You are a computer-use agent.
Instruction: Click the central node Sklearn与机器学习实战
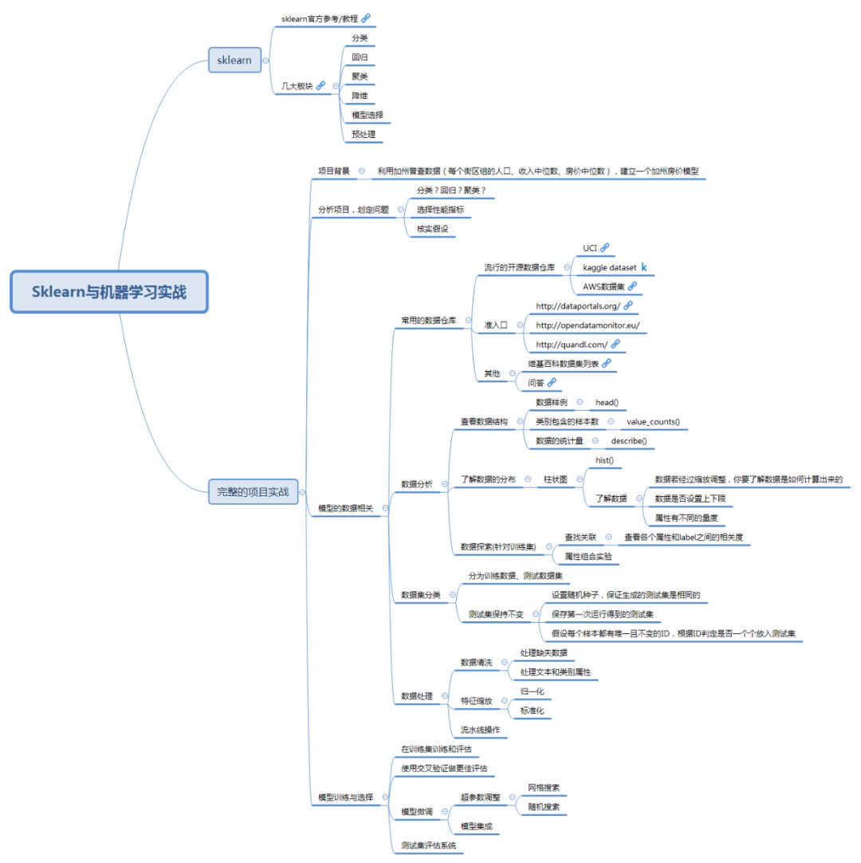click(x=108, y=292)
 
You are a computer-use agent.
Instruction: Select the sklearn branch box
click(x=234, y=61)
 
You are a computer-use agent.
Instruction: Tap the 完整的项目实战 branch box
click(x=253, y=492)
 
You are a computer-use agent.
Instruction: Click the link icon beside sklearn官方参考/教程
click(x=366, y=18)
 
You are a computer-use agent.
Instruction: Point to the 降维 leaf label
click(x=360, y=96)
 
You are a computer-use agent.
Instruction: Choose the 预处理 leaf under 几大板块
click(x=364, y=135)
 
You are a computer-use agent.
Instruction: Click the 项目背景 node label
click(x=333, y=171)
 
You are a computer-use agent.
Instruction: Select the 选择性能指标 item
click(x=440, y=210)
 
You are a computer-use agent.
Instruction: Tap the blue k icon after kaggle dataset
click(x=644, y=267)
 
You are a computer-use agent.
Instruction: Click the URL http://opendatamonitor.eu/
click(x=588, y=325)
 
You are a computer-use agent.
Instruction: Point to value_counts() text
click(x=654, y=421)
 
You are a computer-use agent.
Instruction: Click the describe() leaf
click(x=629, y=440)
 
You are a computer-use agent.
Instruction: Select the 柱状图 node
click(x=556, y=479)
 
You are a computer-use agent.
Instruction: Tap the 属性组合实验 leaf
click(x=588, y=556)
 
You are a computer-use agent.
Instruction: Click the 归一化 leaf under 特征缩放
click(x=532, y=691)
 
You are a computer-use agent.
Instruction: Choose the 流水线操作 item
click(x=481, y=730)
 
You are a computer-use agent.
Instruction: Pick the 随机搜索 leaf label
click(x=544, y=806)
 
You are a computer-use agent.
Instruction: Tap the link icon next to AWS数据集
click(x=632, y=286)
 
